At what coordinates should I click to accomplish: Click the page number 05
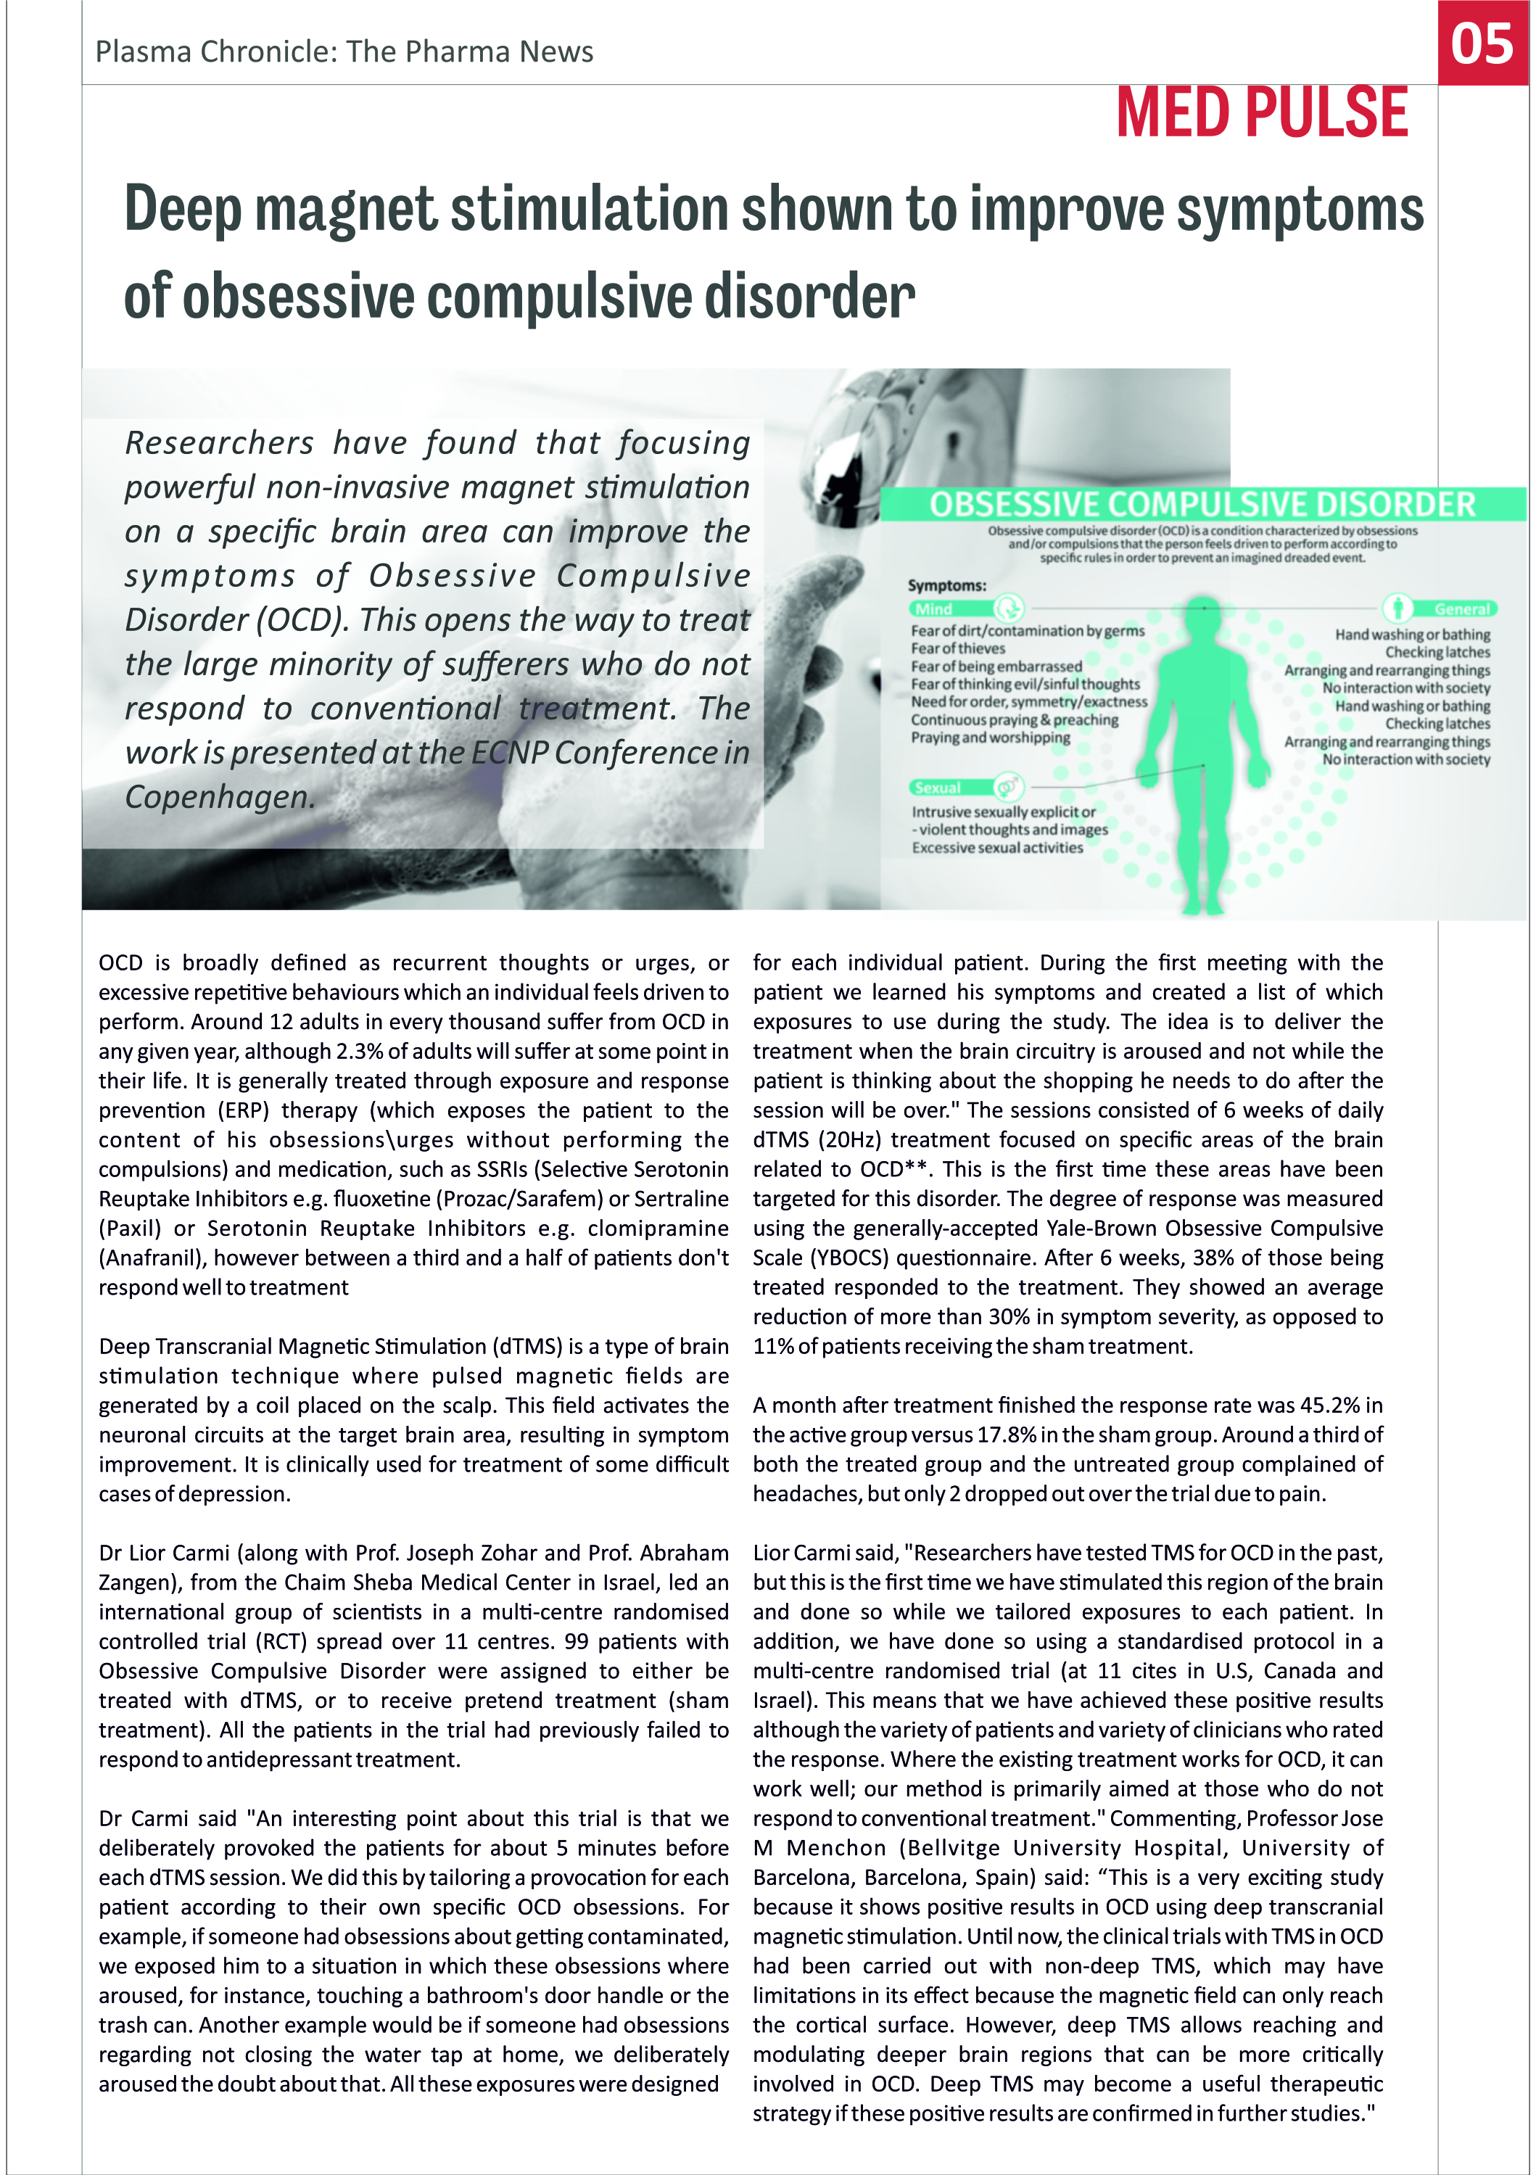pos(1482,44)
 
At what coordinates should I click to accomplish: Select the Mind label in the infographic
pos(934,609)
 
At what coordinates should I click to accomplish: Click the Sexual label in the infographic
pos(938,788)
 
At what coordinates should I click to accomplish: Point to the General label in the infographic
pos(1462,609)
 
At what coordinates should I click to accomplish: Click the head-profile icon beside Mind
pos(1009,608)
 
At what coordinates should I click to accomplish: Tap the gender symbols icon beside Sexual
pos(1009,786)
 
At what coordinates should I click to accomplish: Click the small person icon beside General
pos(1397,608)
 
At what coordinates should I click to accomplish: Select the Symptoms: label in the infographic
pos(947,585)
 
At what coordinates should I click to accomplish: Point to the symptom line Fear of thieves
pos(958,649)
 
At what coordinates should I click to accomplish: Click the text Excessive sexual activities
pos(997,848)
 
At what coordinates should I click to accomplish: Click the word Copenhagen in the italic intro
pos(217,798)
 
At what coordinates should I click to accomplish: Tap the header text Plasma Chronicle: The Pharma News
pos(344,52)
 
